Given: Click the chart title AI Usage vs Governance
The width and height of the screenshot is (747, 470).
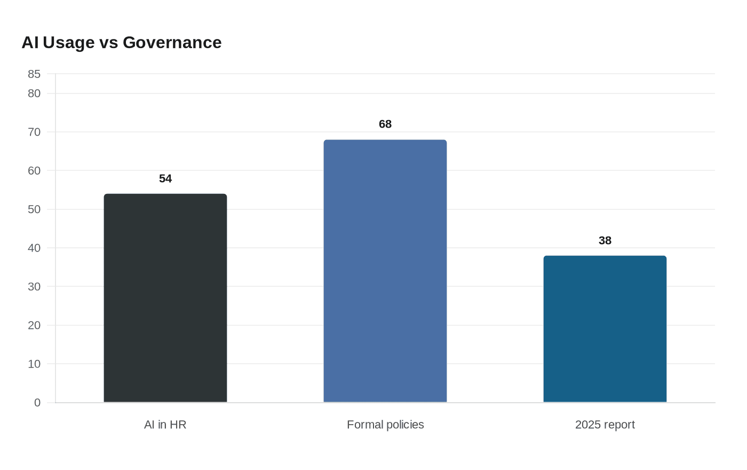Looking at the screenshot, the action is pos(122,43).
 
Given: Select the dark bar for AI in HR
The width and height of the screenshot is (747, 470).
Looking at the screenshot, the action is pos(165,298).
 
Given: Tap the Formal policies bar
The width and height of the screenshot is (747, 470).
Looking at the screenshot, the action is pos(385,271).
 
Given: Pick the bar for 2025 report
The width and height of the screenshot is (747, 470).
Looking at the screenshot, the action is pos(605,329).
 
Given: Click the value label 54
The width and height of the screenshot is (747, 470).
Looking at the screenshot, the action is pos(165,178).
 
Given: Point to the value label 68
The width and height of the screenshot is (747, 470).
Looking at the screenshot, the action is pos(385,124).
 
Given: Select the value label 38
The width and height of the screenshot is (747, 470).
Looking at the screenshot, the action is pos(605,240).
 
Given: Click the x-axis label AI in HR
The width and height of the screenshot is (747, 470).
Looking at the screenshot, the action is pos(165,425).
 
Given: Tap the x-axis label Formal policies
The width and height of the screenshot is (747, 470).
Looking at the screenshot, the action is pos(385,425).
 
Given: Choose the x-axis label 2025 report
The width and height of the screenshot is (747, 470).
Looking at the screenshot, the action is pos(605,425).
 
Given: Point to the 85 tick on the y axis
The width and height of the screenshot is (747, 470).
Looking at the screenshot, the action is pos(34,74).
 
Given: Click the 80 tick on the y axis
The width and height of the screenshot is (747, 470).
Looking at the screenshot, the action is pos(34,93).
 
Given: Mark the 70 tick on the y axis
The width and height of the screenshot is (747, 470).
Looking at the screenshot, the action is pos(34,132).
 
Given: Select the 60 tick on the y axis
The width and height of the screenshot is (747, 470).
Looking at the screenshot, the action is pos(34,170).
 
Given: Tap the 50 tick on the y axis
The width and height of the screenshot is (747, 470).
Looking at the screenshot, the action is pos(34,209).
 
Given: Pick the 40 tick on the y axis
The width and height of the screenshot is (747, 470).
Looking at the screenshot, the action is pos(34,248).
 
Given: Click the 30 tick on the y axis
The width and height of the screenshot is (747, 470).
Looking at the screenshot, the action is pos(34,286).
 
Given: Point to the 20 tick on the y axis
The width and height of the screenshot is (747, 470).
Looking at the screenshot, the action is pos(34,325).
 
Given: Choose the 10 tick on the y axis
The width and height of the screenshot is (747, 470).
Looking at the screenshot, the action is pos(34,364).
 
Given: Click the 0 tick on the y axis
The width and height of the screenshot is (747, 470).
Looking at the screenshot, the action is pos(37,403).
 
